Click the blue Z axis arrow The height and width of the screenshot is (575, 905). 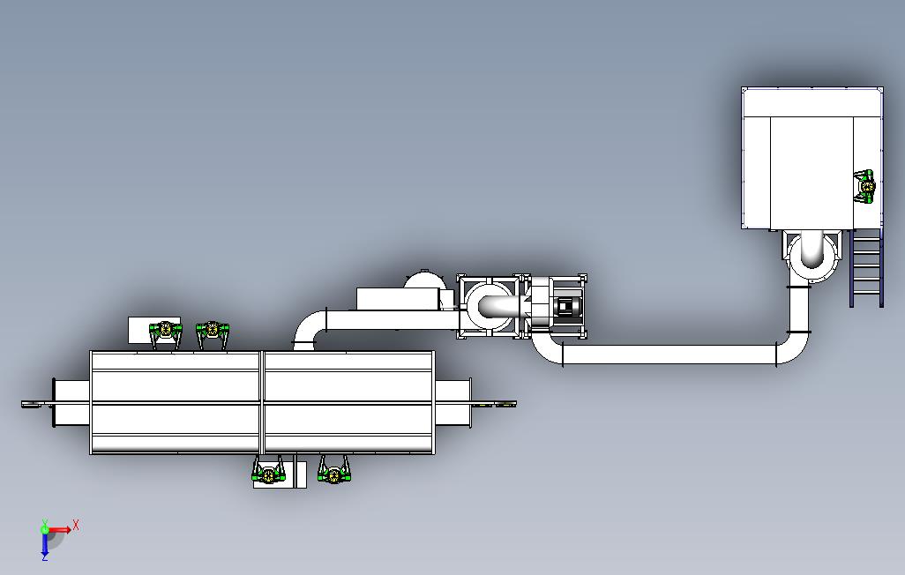point(45,546)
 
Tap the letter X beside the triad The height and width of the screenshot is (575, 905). point(77,525)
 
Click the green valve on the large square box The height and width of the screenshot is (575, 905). point(866,186)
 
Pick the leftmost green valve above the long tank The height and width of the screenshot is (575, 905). point(164,332)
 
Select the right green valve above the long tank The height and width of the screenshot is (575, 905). point(213,332)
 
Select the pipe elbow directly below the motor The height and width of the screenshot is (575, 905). point(547,351)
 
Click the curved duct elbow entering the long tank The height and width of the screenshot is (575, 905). point(308,328)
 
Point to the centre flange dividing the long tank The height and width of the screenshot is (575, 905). point(263,403)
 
